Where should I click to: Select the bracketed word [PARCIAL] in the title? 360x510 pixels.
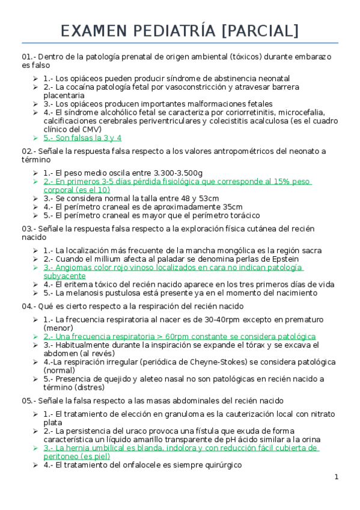pyautogui.click(x=260, y=31)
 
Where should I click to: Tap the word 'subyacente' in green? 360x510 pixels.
pyautogui.click(x=64, y=275)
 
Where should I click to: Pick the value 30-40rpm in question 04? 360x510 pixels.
pyautogui.click(x=216, y=320)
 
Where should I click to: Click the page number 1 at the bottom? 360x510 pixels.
pyautogui.click(x=337, y=477)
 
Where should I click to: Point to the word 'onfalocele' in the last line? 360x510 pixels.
pyautogui.click(x=171, y=465)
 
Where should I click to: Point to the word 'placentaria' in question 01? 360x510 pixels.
pyautogui.click(x=64, y=95)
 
